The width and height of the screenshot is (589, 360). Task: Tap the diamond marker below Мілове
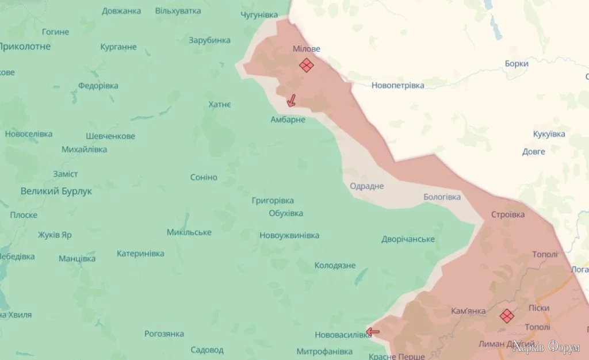click(x=307, y=65)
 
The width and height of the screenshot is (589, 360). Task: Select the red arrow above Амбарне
click(x=292, y=101)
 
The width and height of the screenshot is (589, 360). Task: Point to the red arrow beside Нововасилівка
click(x=373, y=331)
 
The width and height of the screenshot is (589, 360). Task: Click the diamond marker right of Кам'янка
click(x=507, y=316)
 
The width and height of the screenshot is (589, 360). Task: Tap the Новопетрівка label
click(x=397, y=86)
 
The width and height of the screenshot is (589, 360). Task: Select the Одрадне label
click(x=366, y=186)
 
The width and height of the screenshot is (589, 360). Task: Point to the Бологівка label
click(x=442, y=197)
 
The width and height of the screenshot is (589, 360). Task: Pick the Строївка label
click(x=508, y=215)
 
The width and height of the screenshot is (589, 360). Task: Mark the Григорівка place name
click(x=273, y=201)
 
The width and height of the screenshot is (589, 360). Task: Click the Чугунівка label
click(x=259, y=14)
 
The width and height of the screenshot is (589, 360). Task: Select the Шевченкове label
click(x=110, y=136)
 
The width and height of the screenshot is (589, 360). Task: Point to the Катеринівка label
click(x=140, y=253)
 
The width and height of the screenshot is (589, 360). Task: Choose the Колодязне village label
click(x=335, y=266)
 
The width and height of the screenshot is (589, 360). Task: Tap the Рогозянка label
click(x=164, y=334)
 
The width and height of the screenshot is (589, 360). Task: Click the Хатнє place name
click(x=220, y=104)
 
